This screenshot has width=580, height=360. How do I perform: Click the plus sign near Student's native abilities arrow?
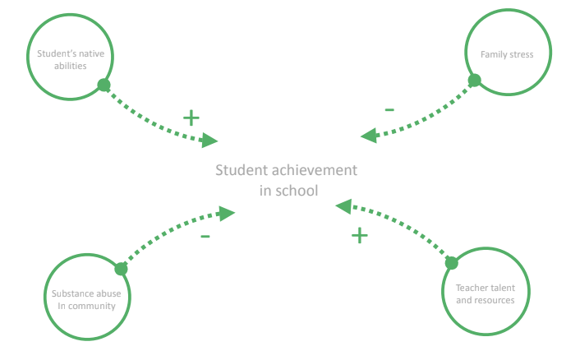(x=191, y=118)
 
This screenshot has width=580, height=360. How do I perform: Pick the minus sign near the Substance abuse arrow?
(x=205, y=238)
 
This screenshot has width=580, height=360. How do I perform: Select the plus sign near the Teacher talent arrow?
(x=360, y=236)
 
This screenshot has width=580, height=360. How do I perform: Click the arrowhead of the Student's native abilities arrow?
(x=210, y=141)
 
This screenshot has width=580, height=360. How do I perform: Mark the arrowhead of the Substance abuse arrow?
(x=228, y=213)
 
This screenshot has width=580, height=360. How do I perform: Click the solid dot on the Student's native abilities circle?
(x=104, y=85)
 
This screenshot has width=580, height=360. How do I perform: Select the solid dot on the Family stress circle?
(x=474, y=81)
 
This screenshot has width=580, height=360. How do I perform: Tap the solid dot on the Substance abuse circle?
(x=121, y=269)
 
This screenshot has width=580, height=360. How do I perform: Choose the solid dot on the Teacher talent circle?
(x=451, y=262)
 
